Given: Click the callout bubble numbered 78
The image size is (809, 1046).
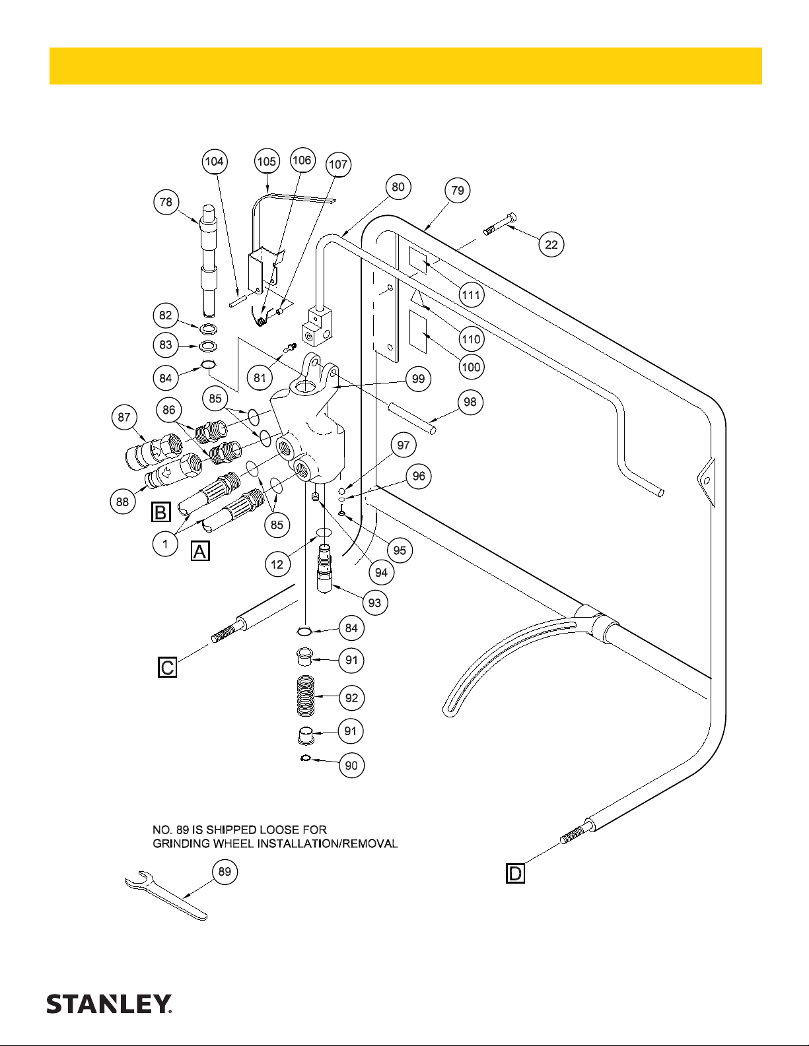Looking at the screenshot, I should (166, 202).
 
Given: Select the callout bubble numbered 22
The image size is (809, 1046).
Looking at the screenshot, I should (551, 245).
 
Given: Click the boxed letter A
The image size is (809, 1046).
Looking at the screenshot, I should (200, 550).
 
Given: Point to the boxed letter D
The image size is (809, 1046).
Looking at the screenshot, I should (514, 874).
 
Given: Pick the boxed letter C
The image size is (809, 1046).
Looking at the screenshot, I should (168, 667).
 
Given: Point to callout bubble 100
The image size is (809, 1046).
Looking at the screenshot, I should (471, 366).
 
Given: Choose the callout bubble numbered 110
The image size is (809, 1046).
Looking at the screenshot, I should (471, 340).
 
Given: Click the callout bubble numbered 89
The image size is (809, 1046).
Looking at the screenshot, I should (225, 872).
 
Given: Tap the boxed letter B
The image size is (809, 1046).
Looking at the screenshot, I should (162, 511).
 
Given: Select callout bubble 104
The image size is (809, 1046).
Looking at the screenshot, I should (214, 162).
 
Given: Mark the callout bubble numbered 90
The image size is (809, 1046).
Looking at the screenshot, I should (351, 766).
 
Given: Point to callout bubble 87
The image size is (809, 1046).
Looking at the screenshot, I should (123, 418).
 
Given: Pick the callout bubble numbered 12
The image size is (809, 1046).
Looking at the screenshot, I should (277, 564).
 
